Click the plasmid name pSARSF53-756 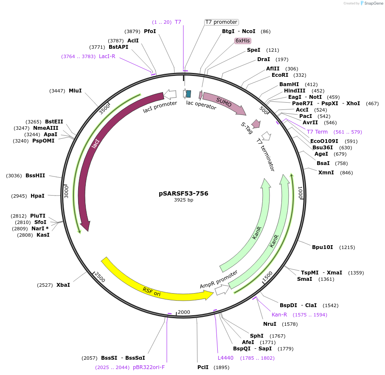coord(183,193)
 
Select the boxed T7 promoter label coord(221,22)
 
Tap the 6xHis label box coord(243,41)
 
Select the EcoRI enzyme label coord(280,75)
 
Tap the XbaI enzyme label coord(63,285)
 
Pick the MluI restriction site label coord(75,91)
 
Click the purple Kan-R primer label coord(279,315)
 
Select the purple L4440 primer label coord(225,358)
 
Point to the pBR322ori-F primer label coord(149,367)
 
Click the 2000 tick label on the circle coord(184,312)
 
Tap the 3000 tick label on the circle coord(66,191)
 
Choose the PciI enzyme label coord(203,367)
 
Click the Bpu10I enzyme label coord(323,247)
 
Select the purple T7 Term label coord(317,132)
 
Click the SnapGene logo coord(370,3)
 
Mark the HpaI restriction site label coord(37,196)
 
